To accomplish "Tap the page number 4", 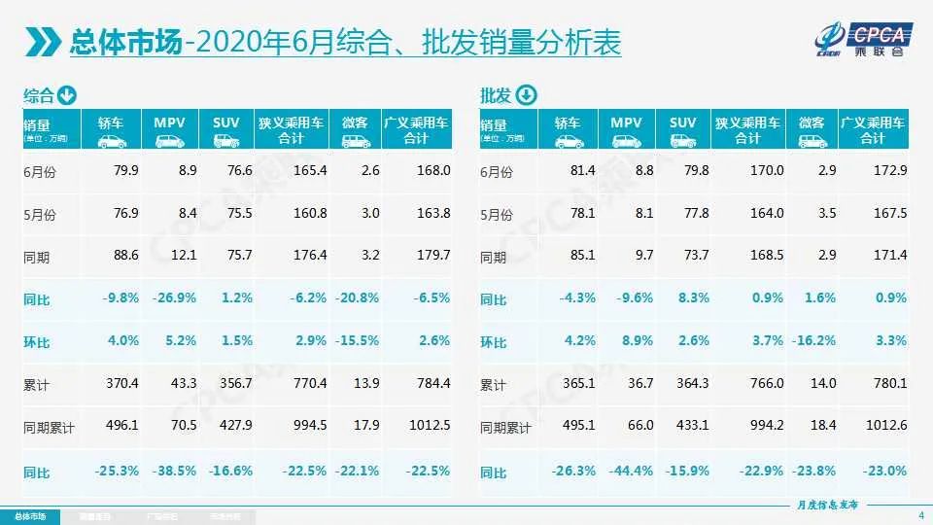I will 919,514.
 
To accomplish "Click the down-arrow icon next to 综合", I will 67,95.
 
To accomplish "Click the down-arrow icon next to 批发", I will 525,95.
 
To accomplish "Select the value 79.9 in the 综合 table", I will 126,170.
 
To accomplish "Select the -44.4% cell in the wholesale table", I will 631,471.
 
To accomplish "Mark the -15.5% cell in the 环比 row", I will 357,341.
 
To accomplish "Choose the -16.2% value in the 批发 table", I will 813,341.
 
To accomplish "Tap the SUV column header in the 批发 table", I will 682,130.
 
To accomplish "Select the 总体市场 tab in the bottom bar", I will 29,515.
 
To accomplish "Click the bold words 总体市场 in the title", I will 125,43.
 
